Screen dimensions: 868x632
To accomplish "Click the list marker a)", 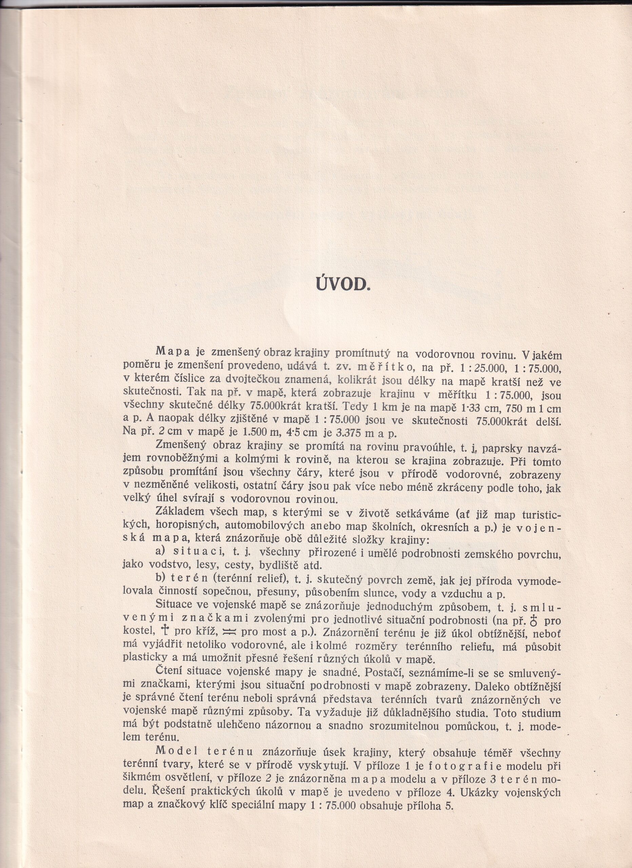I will (x=163, y=552).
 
